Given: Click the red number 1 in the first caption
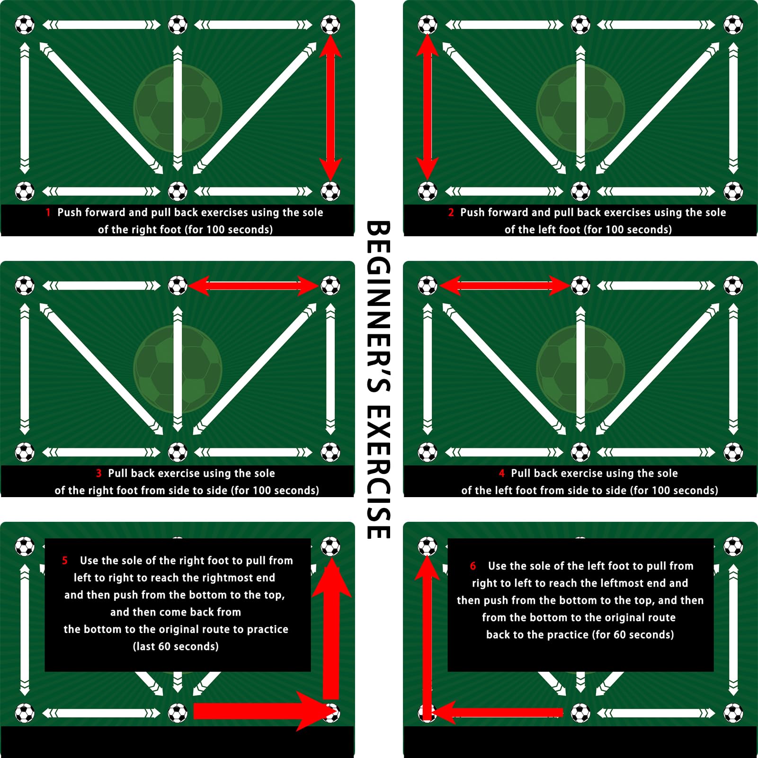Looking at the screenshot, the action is tap(48, 213).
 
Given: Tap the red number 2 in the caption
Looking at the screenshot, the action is tap(451, 213).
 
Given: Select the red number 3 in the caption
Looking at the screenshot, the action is tap(98, 473).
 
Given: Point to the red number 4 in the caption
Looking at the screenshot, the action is tap(502, 473).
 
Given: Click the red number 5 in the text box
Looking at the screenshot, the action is tap(65, 561).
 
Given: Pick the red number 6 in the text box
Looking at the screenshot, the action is tap(473, 566).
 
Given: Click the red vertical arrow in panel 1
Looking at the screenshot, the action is tap(330, 108).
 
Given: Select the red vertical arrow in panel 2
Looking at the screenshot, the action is tap(428, 108).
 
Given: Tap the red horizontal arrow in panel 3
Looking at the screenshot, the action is tap(254, 286).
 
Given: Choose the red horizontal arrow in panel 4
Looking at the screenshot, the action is tap(505, 286).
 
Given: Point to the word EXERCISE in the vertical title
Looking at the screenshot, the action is tap(379, 472).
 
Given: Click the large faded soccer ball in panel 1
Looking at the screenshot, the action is tap(178, 108).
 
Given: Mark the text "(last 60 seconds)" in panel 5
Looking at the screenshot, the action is tap(176, 647).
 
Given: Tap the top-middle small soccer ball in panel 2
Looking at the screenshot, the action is tap(580, 25).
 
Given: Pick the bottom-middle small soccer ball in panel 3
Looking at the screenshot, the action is tap(178, 452).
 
